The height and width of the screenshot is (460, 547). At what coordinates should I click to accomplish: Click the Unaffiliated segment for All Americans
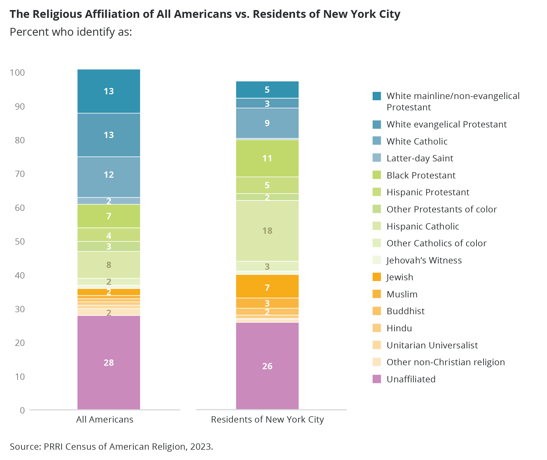coord(109,362)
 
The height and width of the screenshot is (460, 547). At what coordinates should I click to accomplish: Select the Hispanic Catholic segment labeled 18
coord(267,231)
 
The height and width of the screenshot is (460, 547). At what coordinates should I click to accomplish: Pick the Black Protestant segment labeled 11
coord(267,158)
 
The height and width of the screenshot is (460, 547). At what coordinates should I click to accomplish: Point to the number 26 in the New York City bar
coord(267,366)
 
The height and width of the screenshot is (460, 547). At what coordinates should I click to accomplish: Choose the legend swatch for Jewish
coord(377,277)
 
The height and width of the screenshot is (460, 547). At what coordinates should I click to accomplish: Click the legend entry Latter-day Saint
coord(420,158)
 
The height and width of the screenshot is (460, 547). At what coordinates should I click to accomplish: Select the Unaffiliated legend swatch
coord(377,379)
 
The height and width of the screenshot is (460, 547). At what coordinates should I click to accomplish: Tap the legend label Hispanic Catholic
coord(423,226)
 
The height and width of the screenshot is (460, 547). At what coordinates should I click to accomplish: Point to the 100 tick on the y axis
coord(17,72)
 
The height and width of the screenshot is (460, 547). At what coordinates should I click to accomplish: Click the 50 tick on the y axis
coord(20,242)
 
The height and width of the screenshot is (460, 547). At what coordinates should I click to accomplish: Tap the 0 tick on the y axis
coord(22,410)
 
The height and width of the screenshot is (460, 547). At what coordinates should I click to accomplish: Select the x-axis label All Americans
coord(105,420)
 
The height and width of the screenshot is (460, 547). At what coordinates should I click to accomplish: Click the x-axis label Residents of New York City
coord(267,420)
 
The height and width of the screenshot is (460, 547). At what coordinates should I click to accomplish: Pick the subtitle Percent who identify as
coord(71,32)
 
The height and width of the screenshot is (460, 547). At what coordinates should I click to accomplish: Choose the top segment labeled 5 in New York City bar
coord(267,90)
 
